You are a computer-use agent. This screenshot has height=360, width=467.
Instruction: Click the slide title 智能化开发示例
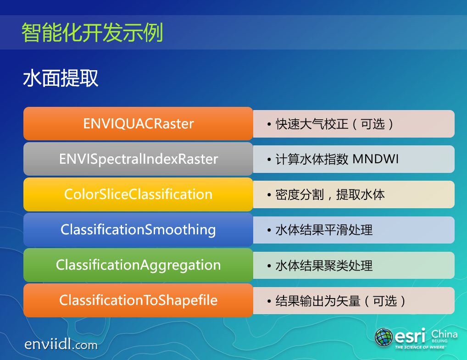pyautogui.click(x=92, y=33)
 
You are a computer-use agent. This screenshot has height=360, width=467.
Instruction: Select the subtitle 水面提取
pyautogui.click(x=61, y=78)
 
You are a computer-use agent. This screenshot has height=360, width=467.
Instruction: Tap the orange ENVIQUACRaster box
pyautogui.click(x=138, y=123)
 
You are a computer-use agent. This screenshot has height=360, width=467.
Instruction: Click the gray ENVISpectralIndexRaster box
pyautogui.click(x=138, y=159)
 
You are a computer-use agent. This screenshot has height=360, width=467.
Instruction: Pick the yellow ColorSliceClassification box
pyautogui.click(x=138, y=194)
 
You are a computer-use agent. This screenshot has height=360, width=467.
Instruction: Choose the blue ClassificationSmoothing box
pyautogui.click(x=138, y=230)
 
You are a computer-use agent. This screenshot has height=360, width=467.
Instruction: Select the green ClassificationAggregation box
pyautogui.click(x=138, y=265)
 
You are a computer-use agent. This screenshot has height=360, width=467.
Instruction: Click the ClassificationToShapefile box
pyautogui.click(x=138, y=300)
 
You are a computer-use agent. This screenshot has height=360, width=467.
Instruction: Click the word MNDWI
pyautogui.click(x=376, y=159)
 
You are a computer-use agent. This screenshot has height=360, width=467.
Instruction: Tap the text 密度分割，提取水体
pyautogui.click(x=330, y=195)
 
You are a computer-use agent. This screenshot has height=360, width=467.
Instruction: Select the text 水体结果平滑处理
pyautogui.click(x=324, y=230)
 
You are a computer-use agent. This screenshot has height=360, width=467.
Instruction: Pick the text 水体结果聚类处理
pyautogui.click(x=324, y=266)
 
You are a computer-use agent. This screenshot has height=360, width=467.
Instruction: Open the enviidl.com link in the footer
pyautogui.click(x=61, y=344)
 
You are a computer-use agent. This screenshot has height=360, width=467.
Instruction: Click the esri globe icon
pyautogui.click(x=384, y=337)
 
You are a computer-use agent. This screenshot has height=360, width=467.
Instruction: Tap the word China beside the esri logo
pyautogui.click(x=445, y=334)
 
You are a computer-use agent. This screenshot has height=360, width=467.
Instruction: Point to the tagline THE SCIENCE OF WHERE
pyautogui.click(x=420, y=347)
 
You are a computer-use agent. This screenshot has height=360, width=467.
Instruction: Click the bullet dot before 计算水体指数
pyautogui.click(x=269, y=160)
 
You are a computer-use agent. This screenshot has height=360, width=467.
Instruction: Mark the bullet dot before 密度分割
pyautogui.click(x=269, y=195)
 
